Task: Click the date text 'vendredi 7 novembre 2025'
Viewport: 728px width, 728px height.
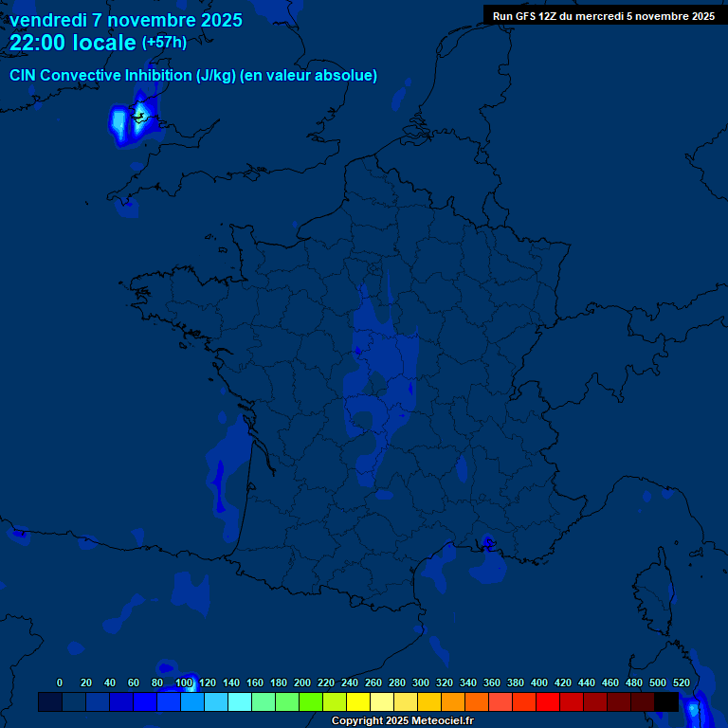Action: tap(125, 20)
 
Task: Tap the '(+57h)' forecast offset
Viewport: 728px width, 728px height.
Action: tap(164, 43)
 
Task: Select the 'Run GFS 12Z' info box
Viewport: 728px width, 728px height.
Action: tap(604, 16)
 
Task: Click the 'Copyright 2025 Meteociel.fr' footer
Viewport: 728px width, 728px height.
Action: tap(402, 720)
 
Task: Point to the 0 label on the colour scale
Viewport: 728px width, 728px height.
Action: tap(60, 682)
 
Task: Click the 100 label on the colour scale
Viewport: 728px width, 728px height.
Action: tap(184, 682)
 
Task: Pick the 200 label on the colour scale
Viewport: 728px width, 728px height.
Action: tap(302, 682)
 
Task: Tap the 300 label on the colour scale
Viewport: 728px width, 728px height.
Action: tap(421, 682)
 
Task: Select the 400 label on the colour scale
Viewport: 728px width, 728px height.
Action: tap(539, 682)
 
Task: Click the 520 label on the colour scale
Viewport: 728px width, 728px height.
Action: tap(682, 682)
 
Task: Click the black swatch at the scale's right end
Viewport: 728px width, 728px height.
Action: tap(666, 702)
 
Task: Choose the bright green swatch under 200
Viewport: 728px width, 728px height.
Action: tap(311, 702)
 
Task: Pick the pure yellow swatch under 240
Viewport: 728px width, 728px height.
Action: tap(358, 702)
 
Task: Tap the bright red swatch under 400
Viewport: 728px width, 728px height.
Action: tap(548, 702)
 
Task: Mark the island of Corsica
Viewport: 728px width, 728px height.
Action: tap(654, 588)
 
